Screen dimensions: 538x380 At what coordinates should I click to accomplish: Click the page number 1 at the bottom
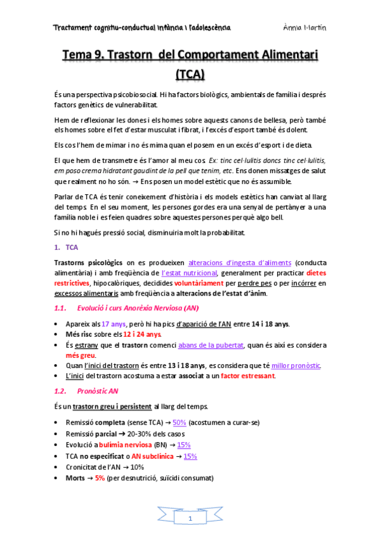[x=190, y=519]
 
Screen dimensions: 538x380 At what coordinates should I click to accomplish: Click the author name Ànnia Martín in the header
[x=305, y=28]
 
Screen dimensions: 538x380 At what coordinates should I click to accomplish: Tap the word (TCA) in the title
[x=189, y=75]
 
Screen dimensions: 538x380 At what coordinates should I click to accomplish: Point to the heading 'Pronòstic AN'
[x=101, y=391]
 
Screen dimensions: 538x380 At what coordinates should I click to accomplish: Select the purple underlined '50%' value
[x=179, y=423]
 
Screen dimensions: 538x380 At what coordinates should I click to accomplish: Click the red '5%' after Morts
[x=100, y=478]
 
